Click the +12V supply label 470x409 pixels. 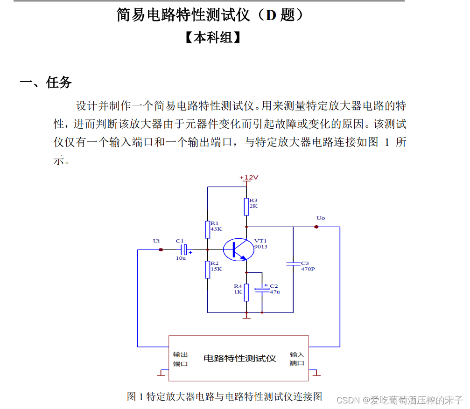click(x=249, y=178)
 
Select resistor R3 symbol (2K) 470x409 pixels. click(x=246, y=207)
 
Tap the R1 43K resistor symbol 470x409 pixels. click(x=208, y=229)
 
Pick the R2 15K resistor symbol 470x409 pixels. click(x=208, y=270)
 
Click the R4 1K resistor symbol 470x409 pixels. click(x=246, y=292)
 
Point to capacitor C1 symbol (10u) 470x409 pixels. click(x=184, y=250)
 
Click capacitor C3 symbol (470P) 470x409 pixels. click(x=293, y=264)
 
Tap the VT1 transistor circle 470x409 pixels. click(x=238, y=250)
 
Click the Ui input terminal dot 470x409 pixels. click(x=161, y=250)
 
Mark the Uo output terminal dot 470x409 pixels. click(x=316, y=227)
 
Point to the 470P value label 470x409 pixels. click(x=308, y=269)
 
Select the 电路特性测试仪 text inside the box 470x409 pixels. click(x=239, y=358)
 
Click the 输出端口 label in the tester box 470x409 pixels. click(x=181, y=359)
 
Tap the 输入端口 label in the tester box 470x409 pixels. click(x=297, y=359)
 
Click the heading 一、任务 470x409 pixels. click(x=46, y=83)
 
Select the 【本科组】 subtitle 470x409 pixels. click(x=212, y=38)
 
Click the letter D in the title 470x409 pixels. click(x=271, y=15)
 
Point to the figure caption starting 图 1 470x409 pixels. click(x=224, y=396)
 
